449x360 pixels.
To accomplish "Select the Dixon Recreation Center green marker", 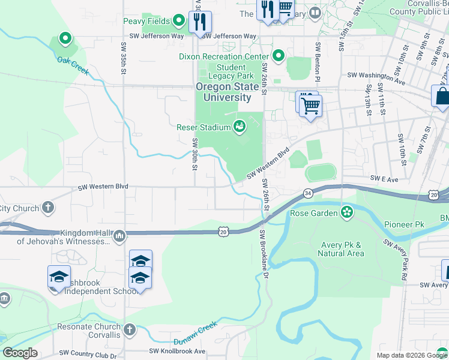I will click(x=278, y=56).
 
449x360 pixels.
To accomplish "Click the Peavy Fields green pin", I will click(x=178, y=22).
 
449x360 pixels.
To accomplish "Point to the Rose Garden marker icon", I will click(x=346, y=212).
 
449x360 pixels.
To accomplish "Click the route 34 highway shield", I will click(x=308, y=193).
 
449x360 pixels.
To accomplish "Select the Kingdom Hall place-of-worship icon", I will click(x=119, y=235).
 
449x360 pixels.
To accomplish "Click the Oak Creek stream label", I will click(x=73, y=66).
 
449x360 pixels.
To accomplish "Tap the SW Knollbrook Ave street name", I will click(x=177, y=351).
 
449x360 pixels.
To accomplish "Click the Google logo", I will click(x=20, y=353).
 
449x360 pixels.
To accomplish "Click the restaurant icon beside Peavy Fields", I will click(x=200, y=22).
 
